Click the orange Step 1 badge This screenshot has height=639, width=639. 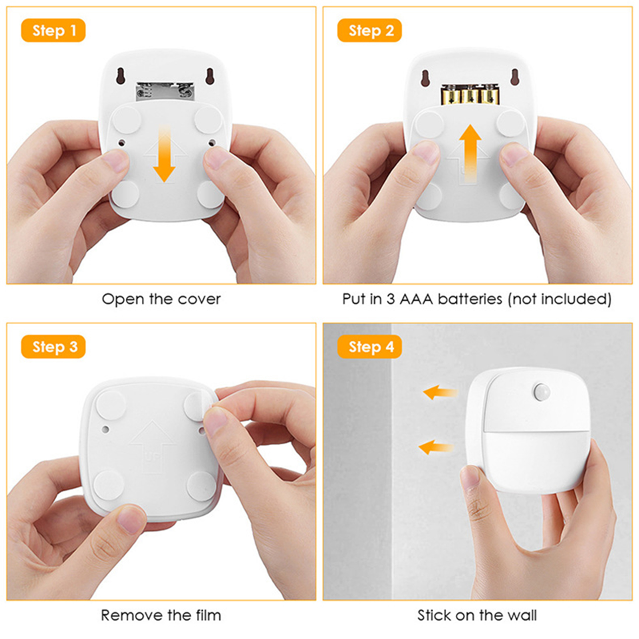[x=53, y=30]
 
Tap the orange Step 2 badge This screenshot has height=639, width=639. [x=369, y=30]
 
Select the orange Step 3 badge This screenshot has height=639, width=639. [x=53, y=347]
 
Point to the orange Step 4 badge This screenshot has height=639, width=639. [x=369, y=347]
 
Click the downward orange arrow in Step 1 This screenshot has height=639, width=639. [x=164, y=154]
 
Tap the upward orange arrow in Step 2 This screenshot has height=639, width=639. [x=470, y=154]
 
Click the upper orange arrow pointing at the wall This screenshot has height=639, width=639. [x=441, y=392]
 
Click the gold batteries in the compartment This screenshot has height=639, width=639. [x=470, y=94]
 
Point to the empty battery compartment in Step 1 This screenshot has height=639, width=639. [x=165, y=91]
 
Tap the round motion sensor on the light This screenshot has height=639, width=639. [x=541, y=391]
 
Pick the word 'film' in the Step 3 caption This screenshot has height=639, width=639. [x=208, y=615]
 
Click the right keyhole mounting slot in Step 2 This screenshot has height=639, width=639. [x=515, y=77]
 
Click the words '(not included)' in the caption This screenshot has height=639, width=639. [x=560, y=299]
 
